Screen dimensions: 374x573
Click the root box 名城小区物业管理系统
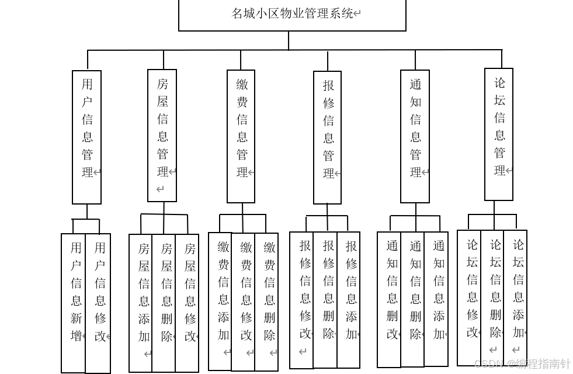(292, 15)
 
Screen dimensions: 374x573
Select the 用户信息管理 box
(86, 137)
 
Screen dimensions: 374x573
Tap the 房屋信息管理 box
(162, 136)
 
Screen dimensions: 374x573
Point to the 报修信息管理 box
(328, 138)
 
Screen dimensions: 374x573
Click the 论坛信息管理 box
(499, 135)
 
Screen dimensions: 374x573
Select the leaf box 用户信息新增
(74, 303)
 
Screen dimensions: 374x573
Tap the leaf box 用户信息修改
(98, 303)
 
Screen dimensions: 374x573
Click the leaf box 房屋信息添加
(141, 303)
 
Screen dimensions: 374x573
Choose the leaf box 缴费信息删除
(267, 302)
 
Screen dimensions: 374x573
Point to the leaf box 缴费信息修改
(244, 302)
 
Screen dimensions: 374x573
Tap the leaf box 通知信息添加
(437, 299)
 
